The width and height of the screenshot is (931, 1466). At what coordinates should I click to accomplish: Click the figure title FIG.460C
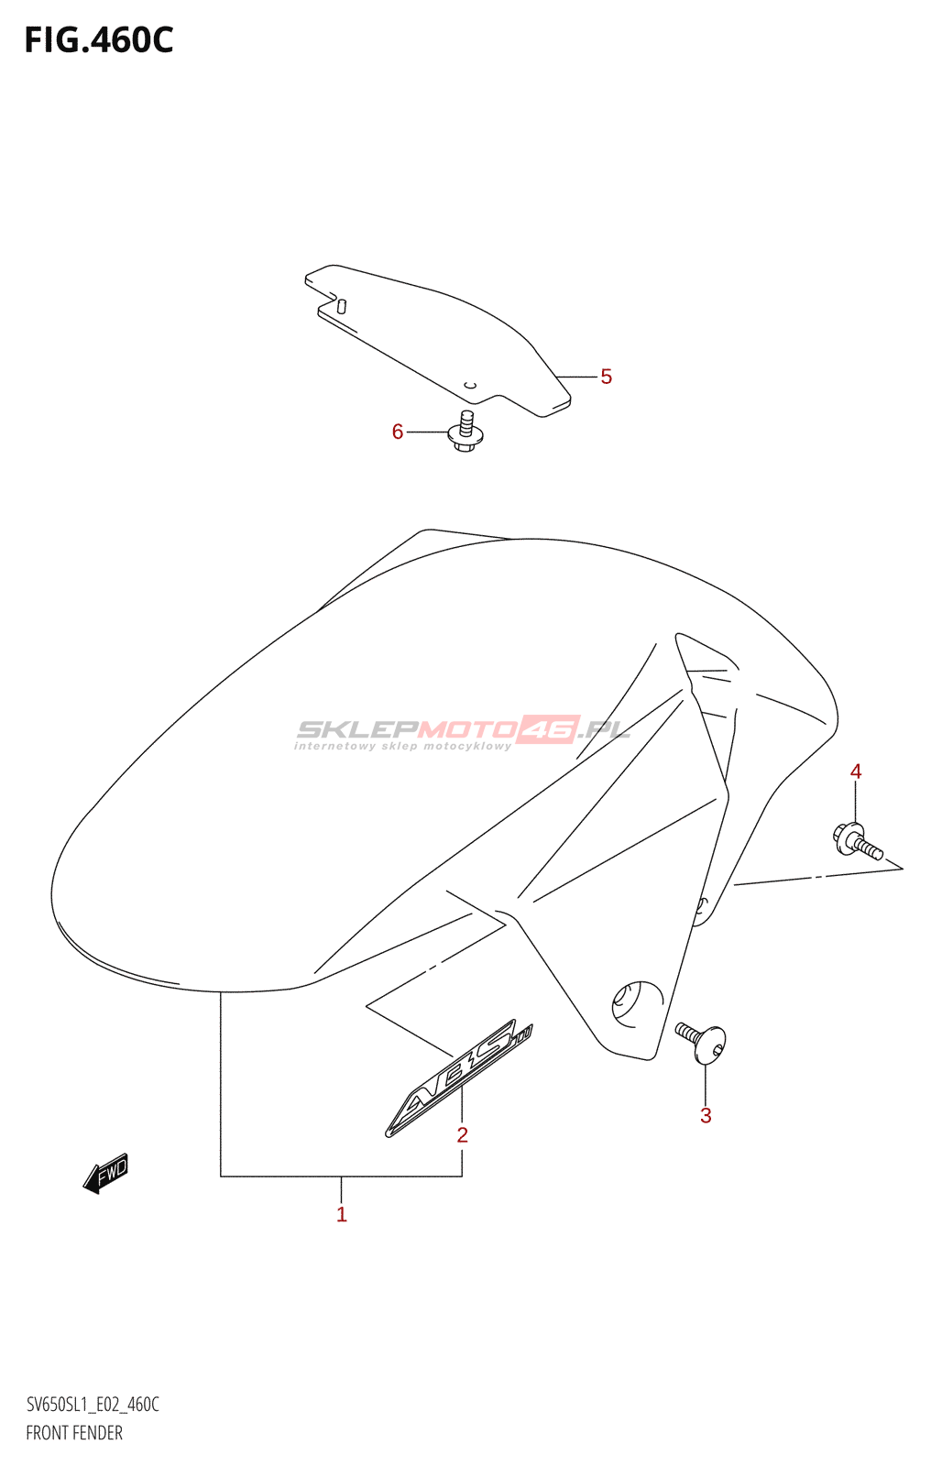pos(99,40)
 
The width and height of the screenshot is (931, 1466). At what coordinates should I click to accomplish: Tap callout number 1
pos(342,1215)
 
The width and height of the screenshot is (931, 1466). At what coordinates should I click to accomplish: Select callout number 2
pos(463,1135)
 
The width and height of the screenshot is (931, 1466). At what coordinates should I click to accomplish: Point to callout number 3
pos(706,1116)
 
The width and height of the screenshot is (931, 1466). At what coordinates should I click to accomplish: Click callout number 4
pos(856,771)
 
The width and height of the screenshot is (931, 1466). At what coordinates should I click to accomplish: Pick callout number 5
pos(606,377)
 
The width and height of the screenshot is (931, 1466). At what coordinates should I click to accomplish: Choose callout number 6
pos(398,432)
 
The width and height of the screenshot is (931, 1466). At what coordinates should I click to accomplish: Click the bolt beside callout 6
pos(465,432)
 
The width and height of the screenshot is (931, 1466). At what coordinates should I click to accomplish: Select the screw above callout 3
pos(703,1043)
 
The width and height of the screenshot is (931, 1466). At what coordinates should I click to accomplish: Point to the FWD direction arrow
pos(106,1173)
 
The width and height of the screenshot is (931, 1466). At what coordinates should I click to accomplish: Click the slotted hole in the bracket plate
pos(342,306)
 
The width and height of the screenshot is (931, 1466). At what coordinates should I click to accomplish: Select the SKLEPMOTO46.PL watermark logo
pos(463,729)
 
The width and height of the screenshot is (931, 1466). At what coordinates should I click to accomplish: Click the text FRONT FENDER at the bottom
pos(74,1433)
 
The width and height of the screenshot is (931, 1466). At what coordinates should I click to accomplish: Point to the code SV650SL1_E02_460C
pos(93,1405)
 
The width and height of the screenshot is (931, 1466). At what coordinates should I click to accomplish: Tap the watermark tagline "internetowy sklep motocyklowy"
pos(403,747)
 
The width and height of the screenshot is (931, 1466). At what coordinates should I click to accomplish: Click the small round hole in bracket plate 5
pos(470,385)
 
